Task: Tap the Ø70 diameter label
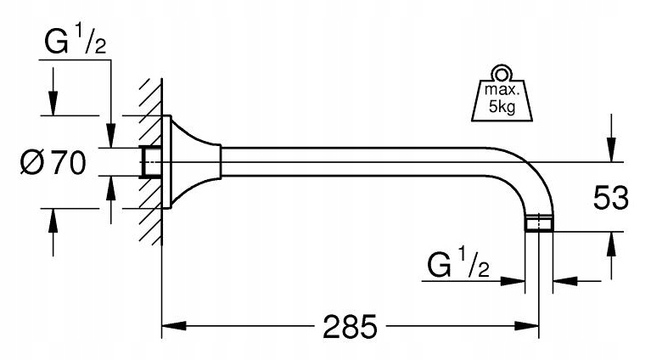(50, 161)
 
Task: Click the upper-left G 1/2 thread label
(71, 45)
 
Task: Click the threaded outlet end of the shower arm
(539, 225)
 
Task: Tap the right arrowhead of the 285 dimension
(532, 326)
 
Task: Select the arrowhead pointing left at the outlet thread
(562, 280)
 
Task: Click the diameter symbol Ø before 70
(28, 161)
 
